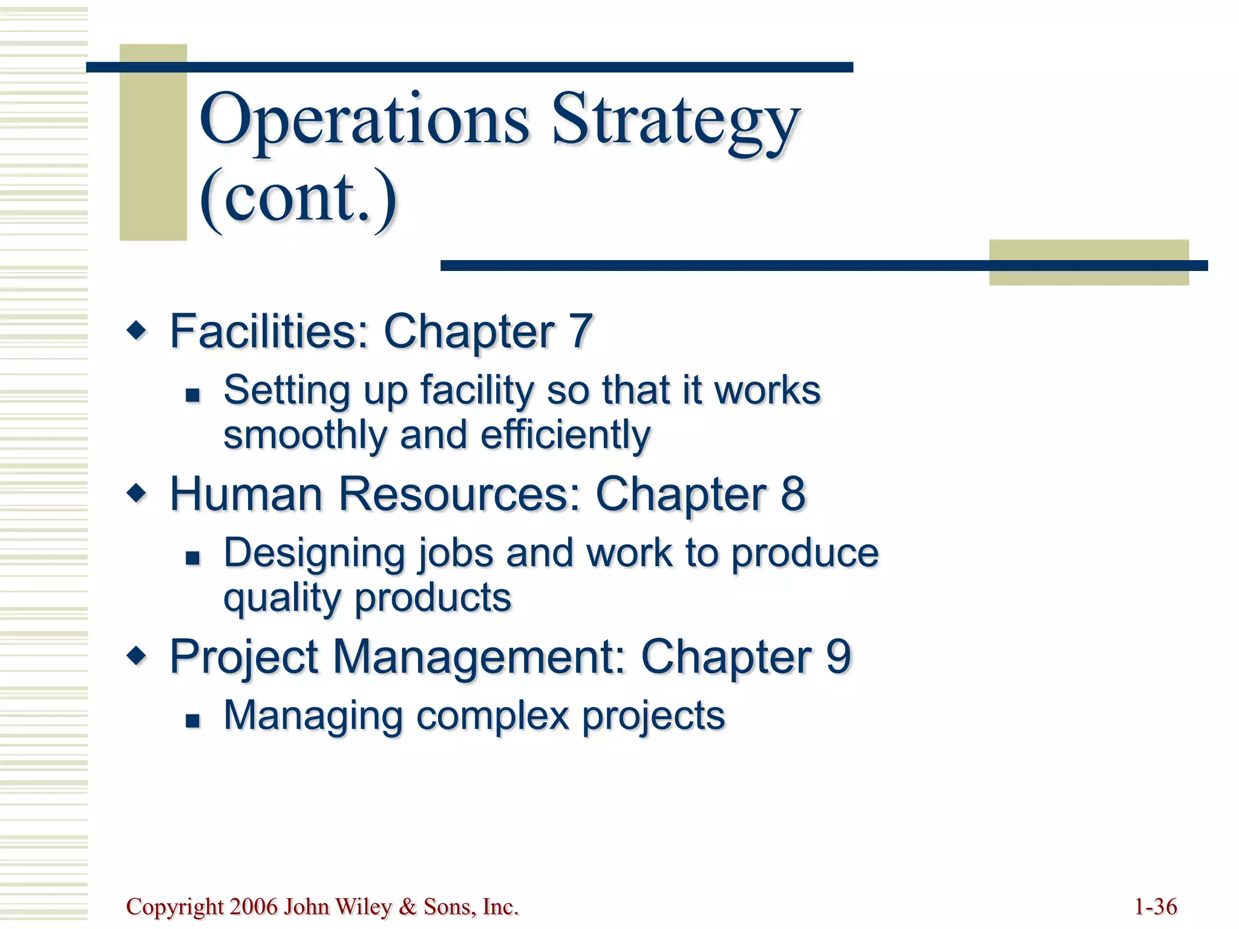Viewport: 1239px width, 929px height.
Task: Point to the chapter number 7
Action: click(x=580, y=331)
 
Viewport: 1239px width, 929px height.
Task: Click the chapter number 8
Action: click(x=793, y=494)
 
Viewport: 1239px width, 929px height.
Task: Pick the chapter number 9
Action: click(x=839, y=656)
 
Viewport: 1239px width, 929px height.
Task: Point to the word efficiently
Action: click(x=566, y=435)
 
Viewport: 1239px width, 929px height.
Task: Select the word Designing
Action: click(x=314, y=553)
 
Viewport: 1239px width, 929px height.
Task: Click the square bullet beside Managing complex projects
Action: click(x=192, y=720)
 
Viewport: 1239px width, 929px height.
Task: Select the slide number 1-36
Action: click(x=1156, y=907)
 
